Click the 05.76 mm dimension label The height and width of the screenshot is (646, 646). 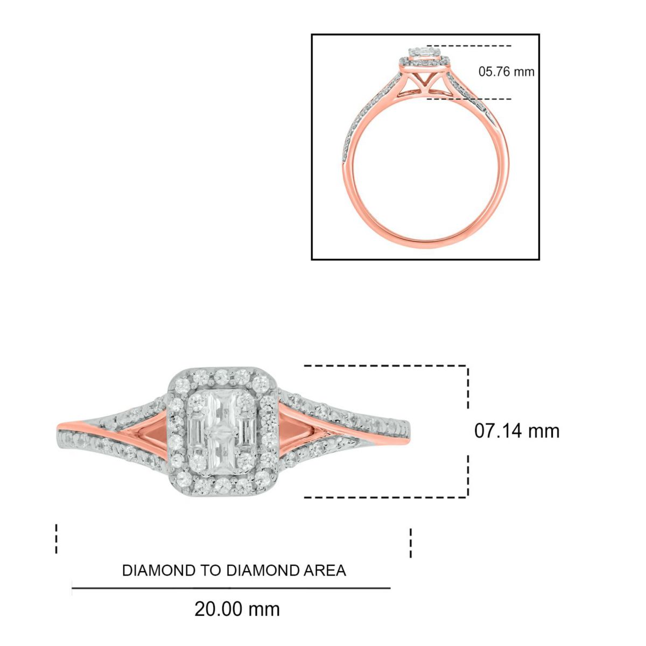coord(506,72)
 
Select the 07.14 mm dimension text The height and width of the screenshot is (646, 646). coord(517,431)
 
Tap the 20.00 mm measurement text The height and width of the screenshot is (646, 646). coord(237,609)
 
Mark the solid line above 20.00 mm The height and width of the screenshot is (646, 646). coord(231,588)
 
